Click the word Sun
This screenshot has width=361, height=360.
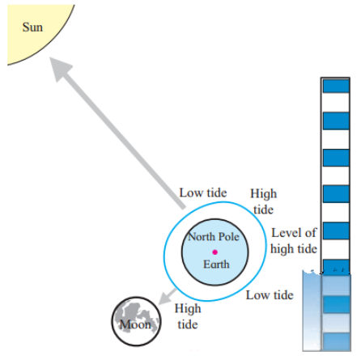pyautogui.click(x=32, y=28)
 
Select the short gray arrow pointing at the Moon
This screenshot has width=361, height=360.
pyautogui.click(x=168, y=297)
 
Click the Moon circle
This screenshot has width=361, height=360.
pyautogui.click(x=136, y=321)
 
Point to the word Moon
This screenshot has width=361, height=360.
pyautogui.click(x=135, y=324)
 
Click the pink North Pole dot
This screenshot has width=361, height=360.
pyautogui.click(x=214, y=252)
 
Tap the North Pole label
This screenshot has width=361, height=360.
pyautogui.click(x=214, y=237)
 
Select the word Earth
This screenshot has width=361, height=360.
pyautogui.click(x=216, y=265)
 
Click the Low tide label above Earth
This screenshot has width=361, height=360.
pyautogui.click(x=203, y=193)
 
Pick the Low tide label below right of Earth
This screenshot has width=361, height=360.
pyautogui.click(x=270, y=295)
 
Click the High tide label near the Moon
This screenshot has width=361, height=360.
pyautogui.click(x=188, y=316)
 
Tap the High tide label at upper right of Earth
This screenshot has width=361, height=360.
pyautogui.click(x=263, y=201)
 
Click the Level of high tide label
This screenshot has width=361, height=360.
pyautogui.click(x=294, y=241)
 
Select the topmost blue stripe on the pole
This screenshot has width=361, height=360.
pyautogui.click(x=336, y=86)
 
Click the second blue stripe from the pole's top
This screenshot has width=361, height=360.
pyautogui.click(x=336, y=121)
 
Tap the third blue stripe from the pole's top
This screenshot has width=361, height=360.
pyautogui.click(x=336, y=158)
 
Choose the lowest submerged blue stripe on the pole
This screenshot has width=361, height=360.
pyautogui.click(x=337, y=342)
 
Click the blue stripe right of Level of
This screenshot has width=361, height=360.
pyautogui.click(x=336, y=231)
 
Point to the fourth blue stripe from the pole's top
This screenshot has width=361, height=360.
pyautogui.click(x=336, y=194)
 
